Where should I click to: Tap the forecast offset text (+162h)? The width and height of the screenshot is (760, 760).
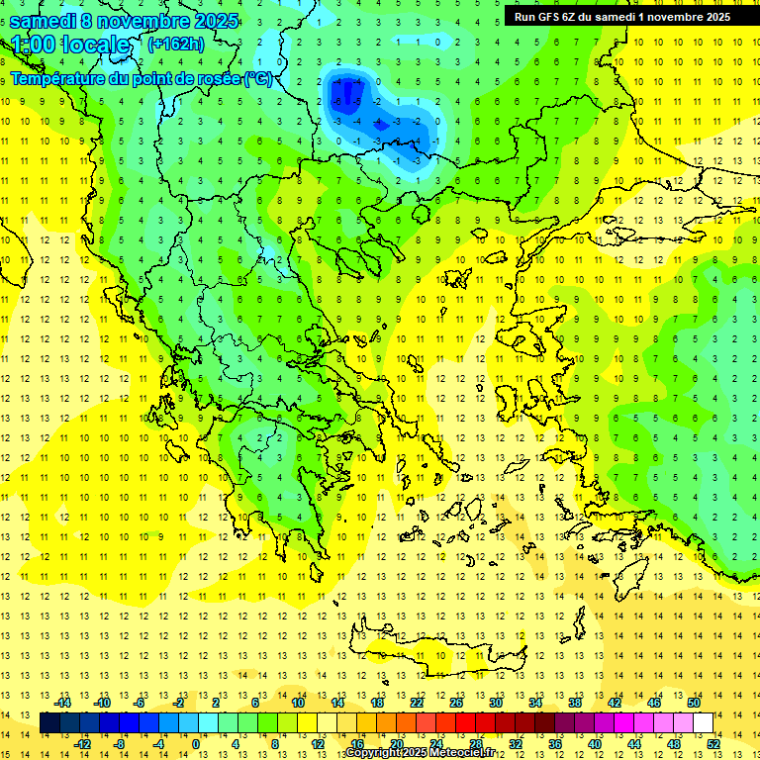pyautogui.click(x=175, y=44)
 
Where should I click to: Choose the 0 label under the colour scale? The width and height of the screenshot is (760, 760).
pyautogui.click(x=196, y=744)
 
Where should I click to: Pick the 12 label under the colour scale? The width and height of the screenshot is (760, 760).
pyautogui.click(x=319, y=744)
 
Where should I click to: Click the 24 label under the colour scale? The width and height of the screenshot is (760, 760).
pyautogui.click(x=435, y=744)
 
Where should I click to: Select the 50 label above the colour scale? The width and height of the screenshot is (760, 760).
pyautogui.click(x=694, y=703)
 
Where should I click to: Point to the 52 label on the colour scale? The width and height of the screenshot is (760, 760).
pyautogui.click(x=713, y=744)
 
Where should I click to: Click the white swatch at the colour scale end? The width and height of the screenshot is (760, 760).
pyautogui.click(x=703, y=723)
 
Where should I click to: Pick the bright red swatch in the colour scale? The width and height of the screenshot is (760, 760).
pyautogui.click(x=465, y=723)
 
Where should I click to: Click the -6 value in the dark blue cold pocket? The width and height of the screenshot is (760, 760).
pyautogui.click(x=338, y=102)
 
